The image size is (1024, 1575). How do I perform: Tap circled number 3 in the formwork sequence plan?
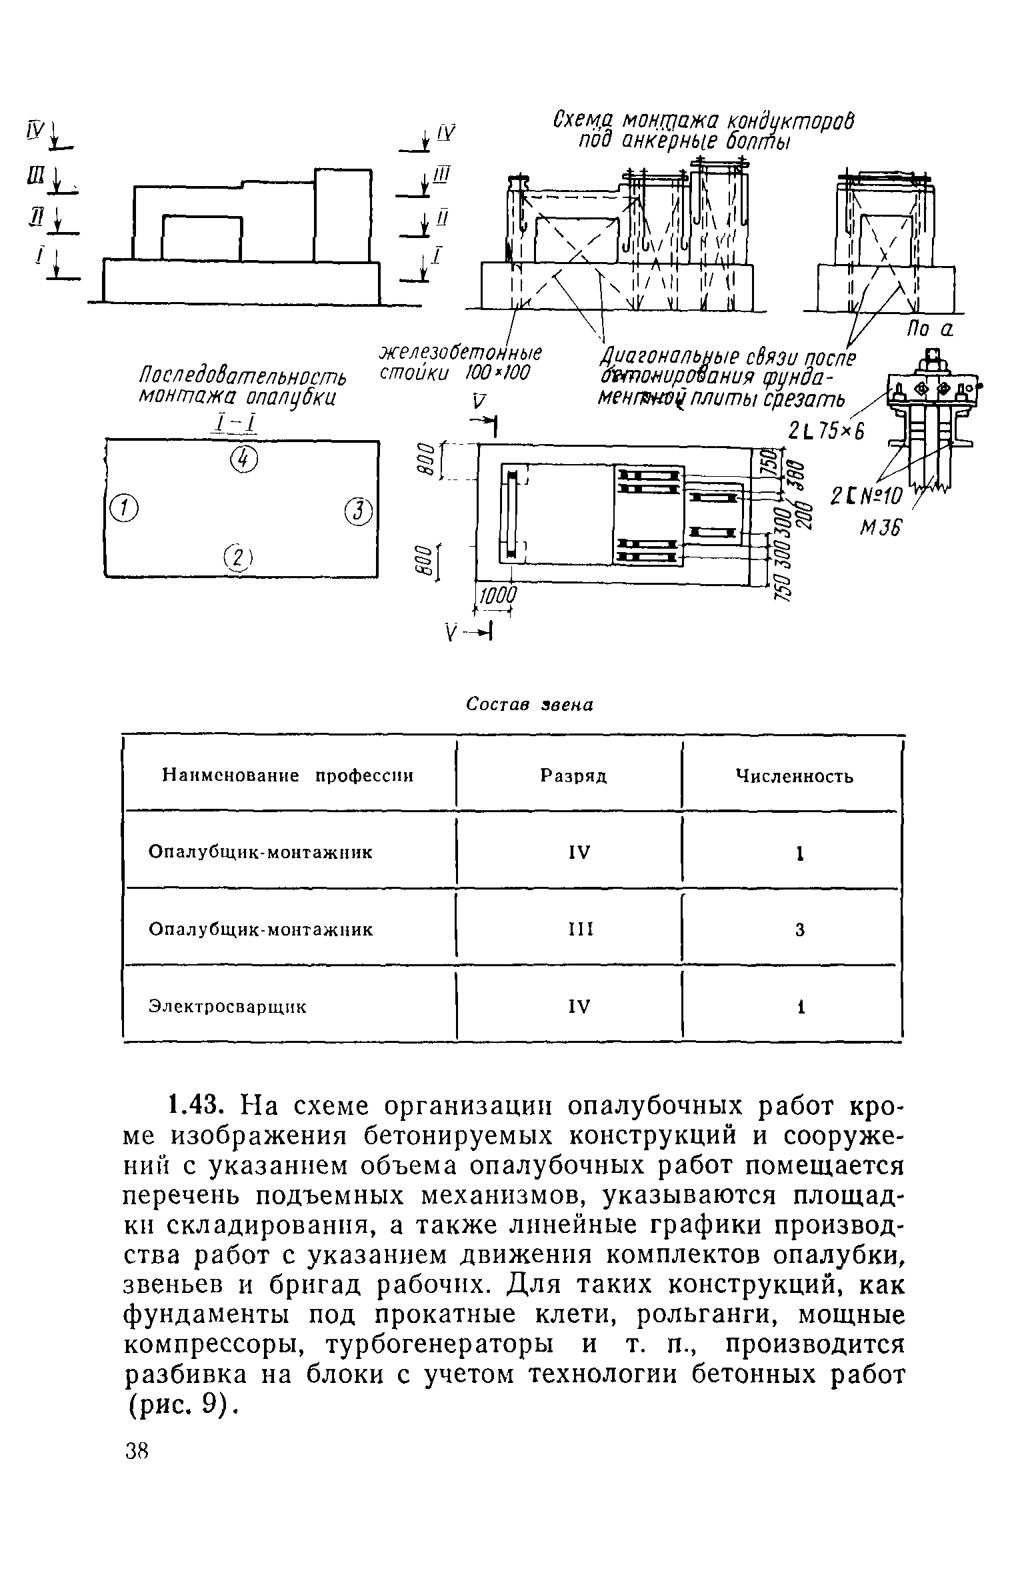[x=358, y=512]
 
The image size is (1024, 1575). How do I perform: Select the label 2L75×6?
[x=825, y=431]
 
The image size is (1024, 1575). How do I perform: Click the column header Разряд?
[x=573, y=776]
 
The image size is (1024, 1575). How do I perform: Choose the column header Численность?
[x=794, y=776]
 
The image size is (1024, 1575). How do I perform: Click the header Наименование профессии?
[x=288, y=776]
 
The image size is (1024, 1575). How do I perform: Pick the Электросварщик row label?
[x=227, y=1006]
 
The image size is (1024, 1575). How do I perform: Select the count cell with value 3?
[x=799, y=930]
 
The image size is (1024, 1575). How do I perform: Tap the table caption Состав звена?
[x=529, y=705]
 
